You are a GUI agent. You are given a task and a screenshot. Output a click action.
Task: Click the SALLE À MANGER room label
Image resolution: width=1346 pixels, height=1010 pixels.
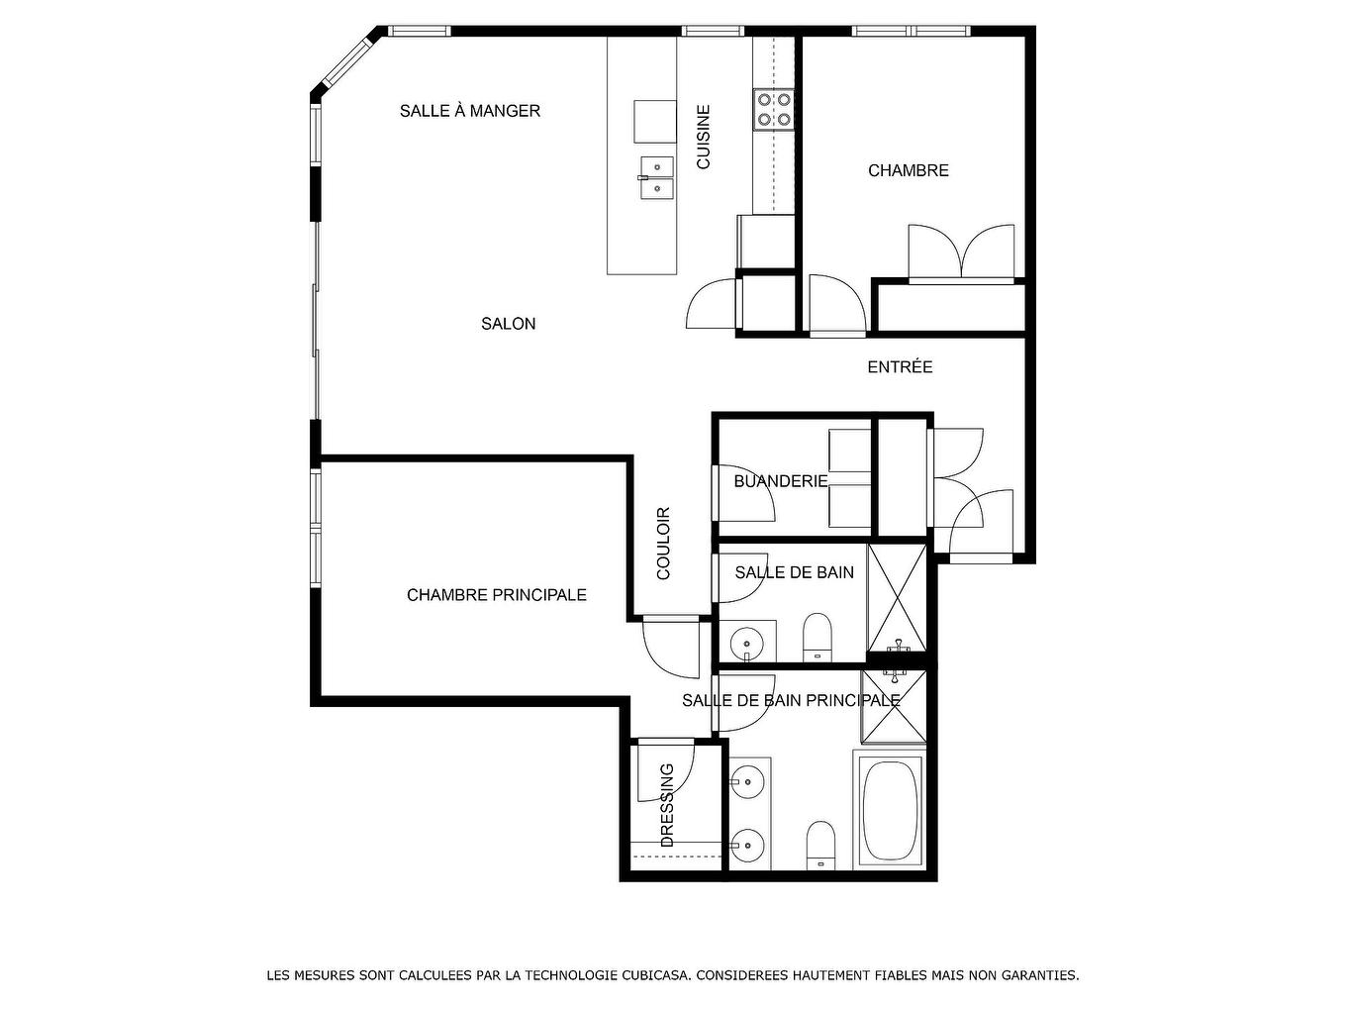470,111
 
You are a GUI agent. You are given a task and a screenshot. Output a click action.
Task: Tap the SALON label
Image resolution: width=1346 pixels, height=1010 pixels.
509,324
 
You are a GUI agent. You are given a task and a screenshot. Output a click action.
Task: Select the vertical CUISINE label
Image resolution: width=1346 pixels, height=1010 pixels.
704,138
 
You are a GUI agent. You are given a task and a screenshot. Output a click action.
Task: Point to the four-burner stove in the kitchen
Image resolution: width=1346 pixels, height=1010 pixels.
773,109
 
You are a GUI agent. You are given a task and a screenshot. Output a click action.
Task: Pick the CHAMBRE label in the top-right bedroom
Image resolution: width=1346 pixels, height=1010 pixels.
908,170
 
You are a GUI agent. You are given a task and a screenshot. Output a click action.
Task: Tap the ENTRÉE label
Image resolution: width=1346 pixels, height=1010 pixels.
900,367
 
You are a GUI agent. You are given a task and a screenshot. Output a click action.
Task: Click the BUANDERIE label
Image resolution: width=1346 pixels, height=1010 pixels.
780,481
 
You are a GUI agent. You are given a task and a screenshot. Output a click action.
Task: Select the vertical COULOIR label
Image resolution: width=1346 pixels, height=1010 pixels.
664,544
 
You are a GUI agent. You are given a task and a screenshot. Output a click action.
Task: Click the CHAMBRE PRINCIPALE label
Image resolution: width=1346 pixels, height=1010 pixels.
496,595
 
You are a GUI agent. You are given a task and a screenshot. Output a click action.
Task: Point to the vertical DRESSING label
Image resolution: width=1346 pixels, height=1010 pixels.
667,805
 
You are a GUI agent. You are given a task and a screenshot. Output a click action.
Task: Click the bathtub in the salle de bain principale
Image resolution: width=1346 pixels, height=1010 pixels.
889,810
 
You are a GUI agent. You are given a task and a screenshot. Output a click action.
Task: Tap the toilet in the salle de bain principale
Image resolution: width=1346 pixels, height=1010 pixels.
821,845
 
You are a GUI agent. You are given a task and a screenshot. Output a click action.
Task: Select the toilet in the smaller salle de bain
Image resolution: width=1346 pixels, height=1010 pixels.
817,637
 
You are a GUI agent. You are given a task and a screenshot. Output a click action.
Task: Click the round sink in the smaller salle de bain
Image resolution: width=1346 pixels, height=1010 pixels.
747,644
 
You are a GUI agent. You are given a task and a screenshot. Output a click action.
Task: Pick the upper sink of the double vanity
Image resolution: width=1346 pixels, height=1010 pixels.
749,782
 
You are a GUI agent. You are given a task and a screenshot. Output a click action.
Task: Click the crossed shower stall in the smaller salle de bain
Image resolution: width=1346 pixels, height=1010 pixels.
897,596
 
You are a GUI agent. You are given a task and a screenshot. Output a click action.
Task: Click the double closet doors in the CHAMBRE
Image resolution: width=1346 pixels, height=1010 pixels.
961,253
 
